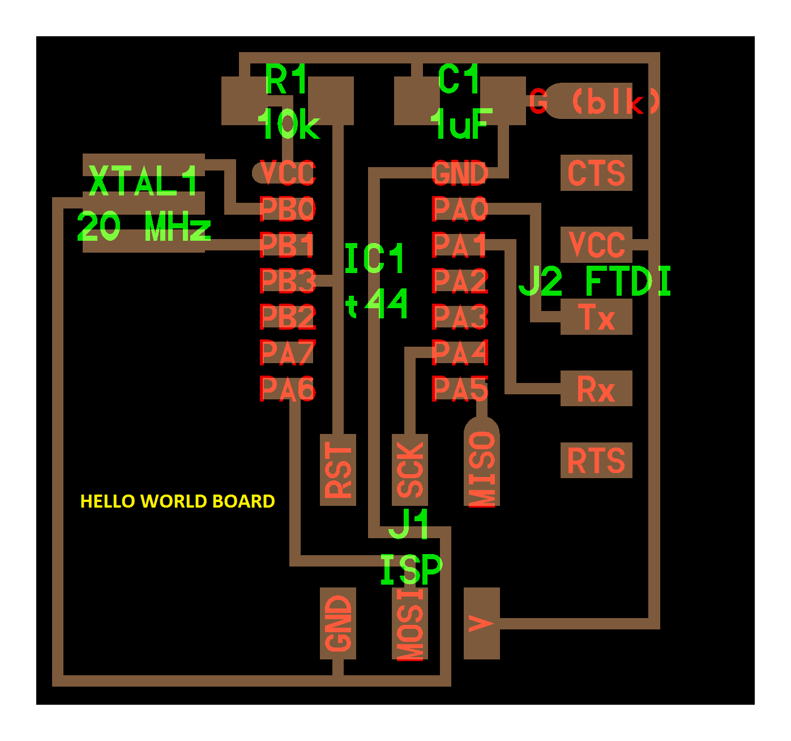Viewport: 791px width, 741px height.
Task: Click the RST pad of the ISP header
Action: tap(338, 470)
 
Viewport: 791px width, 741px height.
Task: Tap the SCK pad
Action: tap(410, 470)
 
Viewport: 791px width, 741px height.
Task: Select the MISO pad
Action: tap(481, 462)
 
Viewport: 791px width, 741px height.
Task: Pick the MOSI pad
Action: tap(410, 623)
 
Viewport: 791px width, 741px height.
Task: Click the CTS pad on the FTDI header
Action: tap(596, 173)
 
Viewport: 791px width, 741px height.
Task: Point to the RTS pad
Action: tap(596, 460)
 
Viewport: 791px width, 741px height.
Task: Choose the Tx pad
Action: tap(596, 317)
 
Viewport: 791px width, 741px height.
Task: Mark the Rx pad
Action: tap(596, 388)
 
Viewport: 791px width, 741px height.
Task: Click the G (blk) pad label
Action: tap(595, 101)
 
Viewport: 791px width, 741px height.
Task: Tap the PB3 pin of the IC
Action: tap(288, 280)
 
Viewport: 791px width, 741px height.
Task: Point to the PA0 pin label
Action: tap(460, 208)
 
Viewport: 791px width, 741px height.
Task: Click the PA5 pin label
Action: tap(460, 388)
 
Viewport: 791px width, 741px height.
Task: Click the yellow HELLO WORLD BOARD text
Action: tap(178, 501)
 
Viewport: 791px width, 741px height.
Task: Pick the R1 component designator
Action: tap(286, 79)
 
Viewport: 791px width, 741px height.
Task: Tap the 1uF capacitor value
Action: tap(461, 123)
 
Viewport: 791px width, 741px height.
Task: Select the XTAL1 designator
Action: tap(143, 181)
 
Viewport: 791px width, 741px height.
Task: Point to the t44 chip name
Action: tap(376, 303)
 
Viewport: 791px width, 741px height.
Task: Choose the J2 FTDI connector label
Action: tap(595, 281)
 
